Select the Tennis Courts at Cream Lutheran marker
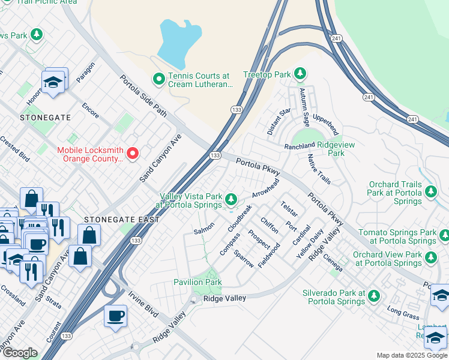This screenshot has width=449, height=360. (x=159, y=79)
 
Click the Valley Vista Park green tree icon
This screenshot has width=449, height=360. (x=231, y=198)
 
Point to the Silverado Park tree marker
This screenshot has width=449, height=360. (x=374, y=296)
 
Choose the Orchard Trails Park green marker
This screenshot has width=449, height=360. (x=430, y=191)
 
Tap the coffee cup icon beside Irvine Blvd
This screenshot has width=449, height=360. (x=115, y=316)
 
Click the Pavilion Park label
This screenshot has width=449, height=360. (x=197, y=282)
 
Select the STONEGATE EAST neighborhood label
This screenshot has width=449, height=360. (x=122, y=220)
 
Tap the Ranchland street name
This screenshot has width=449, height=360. (x=300, y=145)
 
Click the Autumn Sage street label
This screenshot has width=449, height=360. (x=306, y=106)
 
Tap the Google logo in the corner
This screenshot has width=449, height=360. (x=20, y=353)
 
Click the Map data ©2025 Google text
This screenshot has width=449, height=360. (x=411, y=355)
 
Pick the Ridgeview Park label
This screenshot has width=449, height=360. (x=336, y=149)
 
